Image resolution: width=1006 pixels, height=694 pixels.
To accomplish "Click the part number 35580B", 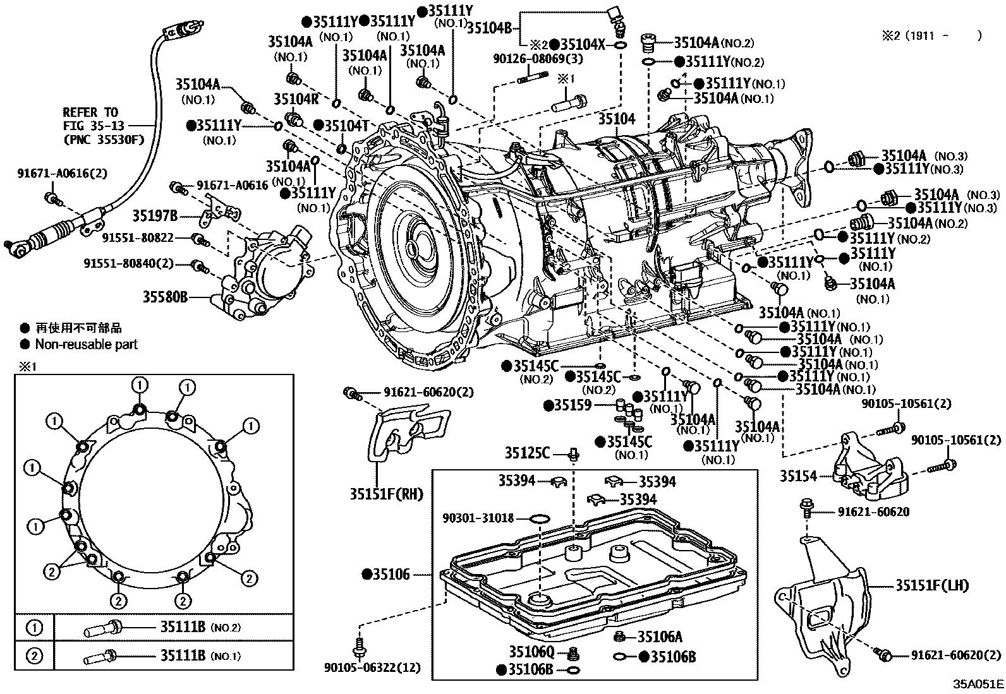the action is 166,297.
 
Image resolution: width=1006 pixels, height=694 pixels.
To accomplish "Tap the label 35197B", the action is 154,216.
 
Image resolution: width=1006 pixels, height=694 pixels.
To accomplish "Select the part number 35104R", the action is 296,99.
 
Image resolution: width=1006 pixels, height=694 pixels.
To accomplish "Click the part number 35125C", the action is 527,453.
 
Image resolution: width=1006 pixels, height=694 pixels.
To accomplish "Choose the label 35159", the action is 573,405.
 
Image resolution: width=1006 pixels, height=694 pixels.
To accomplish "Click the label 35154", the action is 798,476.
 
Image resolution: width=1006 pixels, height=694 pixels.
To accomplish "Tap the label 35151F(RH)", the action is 387,494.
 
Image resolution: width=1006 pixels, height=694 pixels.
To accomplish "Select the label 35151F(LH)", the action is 932,585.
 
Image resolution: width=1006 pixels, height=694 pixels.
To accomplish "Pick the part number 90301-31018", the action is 478,518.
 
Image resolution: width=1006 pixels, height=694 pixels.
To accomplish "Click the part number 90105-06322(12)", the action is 372,668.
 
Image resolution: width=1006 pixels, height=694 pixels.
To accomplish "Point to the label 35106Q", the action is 531,651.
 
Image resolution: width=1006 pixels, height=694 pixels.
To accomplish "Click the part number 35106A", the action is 660,637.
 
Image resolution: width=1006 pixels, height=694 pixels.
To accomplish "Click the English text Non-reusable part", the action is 86,344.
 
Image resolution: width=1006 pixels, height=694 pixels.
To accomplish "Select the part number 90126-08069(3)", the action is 538,59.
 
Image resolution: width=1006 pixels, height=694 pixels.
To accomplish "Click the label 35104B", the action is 490,28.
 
